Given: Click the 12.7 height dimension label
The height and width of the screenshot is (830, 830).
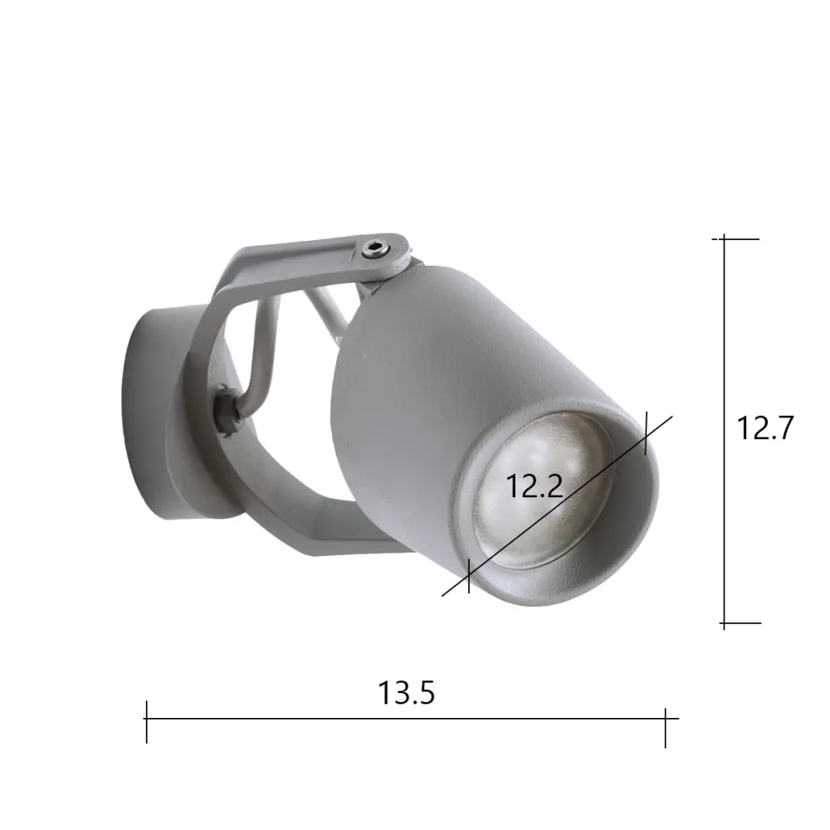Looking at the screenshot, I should tap(765, 428).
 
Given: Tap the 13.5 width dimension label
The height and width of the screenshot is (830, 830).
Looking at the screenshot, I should tap(407, 692).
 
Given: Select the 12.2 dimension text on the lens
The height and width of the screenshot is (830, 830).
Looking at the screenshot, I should tap(535, 486).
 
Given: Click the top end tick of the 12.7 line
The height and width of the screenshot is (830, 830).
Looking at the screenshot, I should tap(725, 239).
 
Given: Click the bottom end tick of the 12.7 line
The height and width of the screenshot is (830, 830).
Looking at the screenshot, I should tap(725, 622).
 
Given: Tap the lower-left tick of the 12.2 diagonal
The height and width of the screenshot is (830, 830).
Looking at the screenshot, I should tap(469, 575).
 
